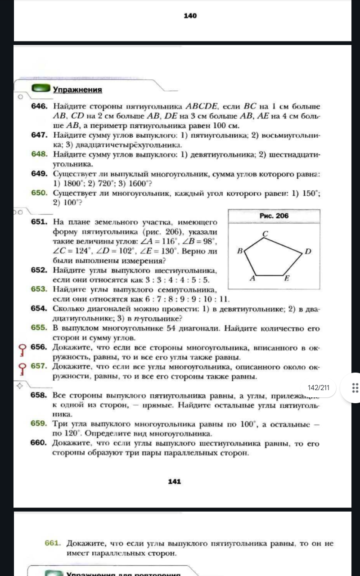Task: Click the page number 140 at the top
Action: pos(190,16)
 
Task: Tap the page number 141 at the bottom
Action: pos(174,481)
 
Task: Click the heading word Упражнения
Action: pos(77,90)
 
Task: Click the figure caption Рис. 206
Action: pos(274,216)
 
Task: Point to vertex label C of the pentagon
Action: pos(265,234)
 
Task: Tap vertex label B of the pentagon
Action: pos(240,251)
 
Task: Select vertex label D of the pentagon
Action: pos(308,251)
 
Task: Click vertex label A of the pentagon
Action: pos(252,278)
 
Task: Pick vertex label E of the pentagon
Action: pos(286,278)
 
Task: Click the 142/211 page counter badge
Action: pos(319,387)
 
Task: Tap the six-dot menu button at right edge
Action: pos(354,387)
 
